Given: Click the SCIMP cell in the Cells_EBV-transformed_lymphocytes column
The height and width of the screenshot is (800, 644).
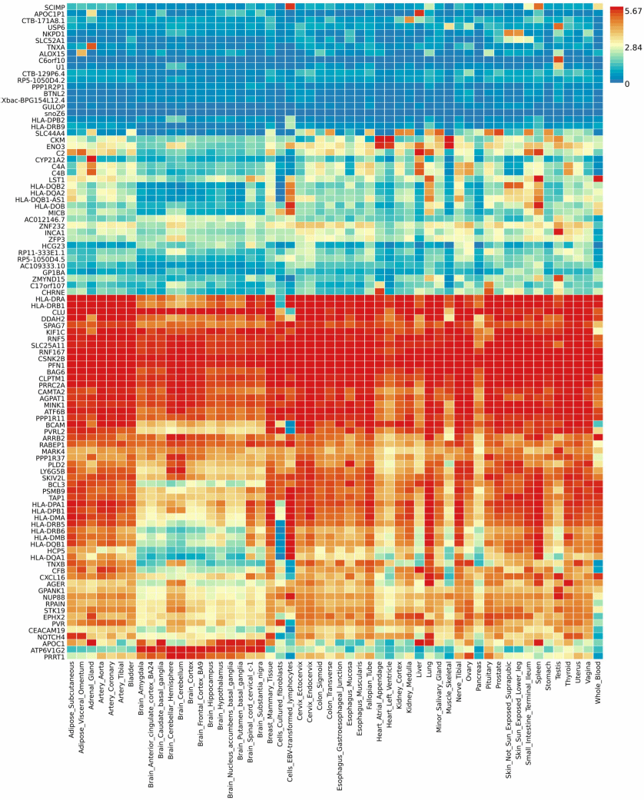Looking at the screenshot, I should [290, 7].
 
